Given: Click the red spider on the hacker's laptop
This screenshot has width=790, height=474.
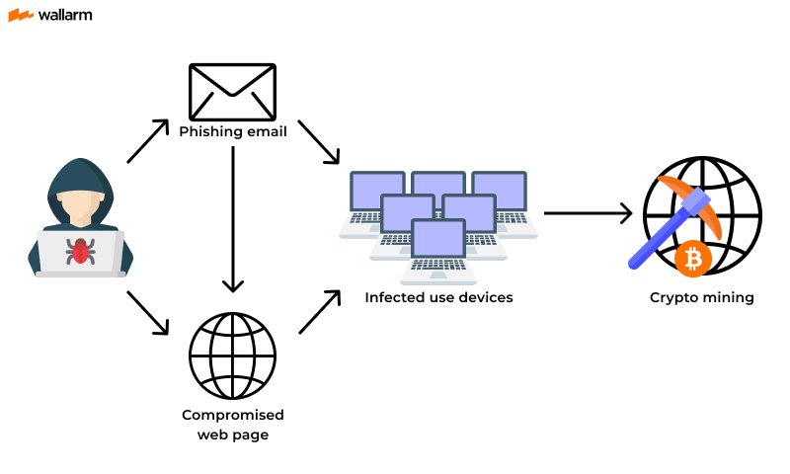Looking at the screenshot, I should pyautogui.click(x=80, y=250).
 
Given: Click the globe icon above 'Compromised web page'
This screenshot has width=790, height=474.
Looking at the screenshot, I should pyautogui.click(x=232, y=354).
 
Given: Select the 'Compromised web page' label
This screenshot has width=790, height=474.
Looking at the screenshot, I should pyautogui.click(x=232, y=424).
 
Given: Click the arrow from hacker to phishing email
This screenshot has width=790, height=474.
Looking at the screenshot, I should pyautogui.click(x=149, y=141).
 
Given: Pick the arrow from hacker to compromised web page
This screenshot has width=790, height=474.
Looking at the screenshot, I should pyautogui.click(x=149, y=314).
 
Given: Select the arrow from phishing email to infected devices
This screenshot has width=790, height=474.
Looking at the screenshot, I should pyautogui.click(x=318, y=142).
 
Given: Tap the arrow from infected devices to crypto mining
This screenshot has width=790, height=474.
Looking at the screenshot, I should pyautogui.click(x=588, y=212).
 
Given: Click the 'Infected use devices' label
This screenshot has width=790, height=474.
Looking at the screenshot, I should pyautogui.click(x=438, y=297).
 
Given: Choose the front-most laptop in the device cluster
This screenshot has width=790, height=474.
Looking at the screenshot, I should pyautogui.click(x=439, y=245).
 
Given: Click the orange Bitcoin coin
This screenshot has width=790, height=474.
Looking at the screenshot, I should pyautogui.click(x=695, y=259).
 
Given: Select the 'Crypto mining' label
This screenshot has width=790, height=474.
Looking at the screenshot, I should pyautogui.click(x=701, y=297).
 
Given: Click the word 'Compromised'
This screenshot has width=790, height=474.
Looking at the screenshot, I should pyautogui.click(x=232, y=415).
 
